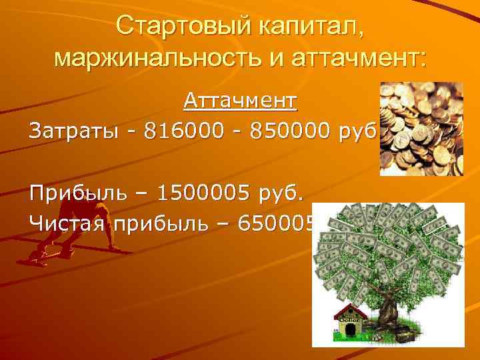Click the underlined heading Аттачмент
[x=241, y=101]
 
